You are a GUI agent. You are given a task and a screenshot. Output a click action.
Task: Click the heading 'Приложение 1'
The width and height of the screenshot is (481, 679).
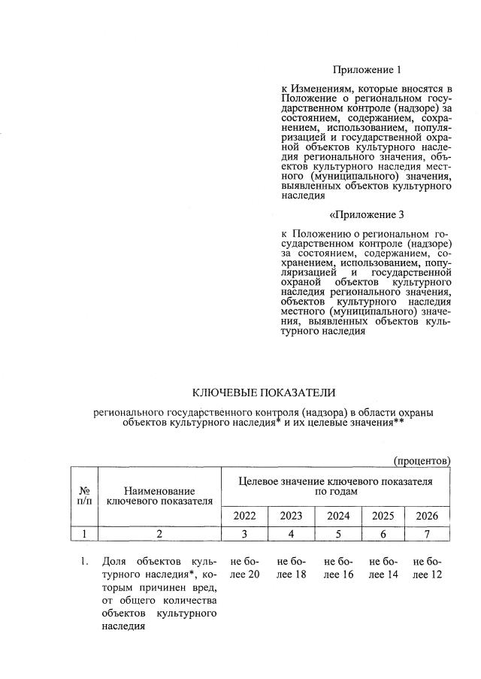coord(365,70)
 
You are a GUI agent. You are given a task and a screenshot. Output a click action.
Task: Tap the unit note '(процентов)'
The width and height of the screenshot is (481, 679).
coord(422,459)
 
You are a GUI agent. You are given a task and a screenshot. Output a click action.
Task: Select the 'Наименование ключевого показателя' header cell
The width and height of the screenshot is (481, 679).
coord(159,495)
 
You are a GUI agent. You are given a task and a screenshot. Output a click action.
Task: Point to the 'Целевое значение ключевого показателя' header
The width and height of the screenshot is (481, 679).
coord(335,486)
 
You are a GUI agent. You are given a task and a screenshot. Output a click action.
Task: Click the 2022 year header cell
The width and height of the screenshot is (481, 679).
coord(244,517)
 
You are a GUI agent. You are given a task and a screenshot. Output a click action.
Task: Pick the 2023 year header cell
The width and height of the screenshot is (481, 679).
coord(291,517)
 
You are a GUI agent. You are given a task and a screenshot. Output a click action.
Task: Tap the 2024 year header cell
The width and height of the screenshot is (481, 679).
coord(337,517)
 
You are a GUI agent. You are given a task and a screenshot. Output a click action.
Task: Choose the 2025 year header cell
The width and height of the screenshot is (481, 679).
coord(383,517)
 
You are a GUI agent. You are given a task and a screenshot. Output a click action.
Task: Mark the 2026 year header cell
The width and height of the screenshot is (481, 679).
coord(427,517)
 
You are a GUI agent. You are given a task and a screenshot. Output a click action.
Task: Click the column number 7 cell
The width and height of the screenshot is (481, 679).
coord(427,534)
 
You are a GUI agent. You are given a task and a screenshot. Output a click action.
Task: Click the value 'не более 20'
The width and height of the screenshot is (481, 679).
coord(245,568)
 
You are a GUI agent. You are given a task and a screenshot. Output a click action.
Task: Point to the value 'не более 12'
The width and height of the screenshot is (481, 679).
coord(428,568)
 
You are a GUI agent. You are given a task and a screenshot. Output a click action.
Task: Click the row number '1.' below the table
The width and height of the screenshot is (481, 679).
coord(84,562)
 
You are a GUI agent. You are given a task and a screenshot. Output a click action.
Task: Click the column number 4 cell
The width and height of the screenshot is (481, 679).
coord(291,534)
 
